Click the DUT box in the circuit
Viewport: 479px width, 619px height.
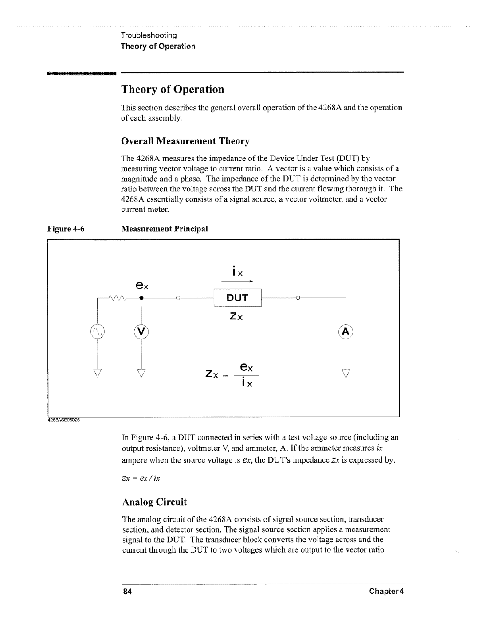[238, 297]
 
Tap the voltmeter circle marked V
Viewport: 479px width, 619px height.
[141, 331]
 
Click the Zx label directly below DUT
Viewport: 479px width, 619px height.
[238, 317]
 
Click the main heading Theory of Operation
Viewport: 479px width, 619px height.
[173, 89]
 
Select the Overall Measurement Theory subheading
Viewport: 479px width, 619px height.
[185, 141]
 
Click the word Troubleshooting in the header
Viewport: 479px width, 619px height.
[149, 35]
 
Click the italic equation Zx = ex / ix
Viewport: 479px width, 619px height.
[141, 478]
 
